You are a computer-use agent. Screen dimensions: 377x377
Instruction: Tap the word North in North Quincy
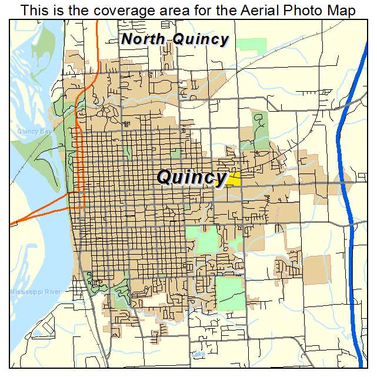click(x=144, y=39)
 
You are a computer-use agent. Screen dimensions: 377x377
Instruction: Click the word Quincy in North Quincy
click(x=201, y=40)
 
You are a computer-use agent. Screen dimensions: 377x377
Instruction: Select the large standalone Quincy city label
click(x=192, y=176)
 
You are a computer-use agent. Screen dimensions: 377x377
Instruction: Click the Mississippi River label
click(x=35, y=292)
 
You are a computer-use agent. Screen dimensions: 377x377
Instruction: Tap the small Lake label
click(x=197, y=355)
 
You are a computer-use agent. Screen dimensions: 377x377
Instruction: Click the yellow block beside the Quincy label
click(x=233, y=179)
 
